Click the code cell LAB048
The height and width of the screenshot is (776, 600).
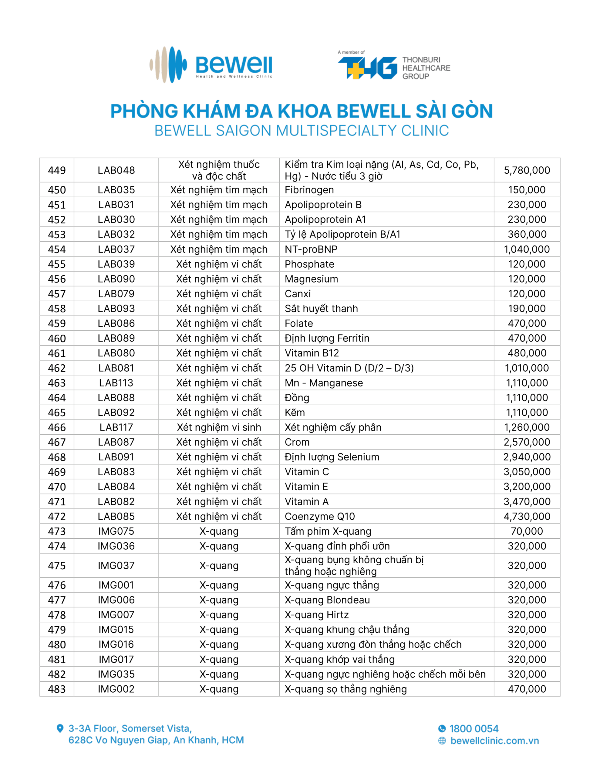(116, 170)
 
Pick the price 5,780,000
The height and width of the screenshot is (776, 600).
(526, 170)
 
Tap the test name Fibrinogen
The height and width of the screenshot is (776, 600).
(309, 190)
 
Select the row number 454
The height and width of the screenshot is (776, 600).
(57, 249)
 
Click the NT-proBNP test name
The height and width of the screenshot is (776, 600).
(311, 249)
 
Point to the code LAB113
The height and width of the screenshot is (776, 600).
(116, 383)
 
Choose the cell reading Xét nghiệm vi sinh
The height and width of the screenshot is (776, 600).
(219, 427)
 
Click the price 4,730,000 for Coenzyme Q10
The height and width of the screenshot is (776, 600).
(526, 516)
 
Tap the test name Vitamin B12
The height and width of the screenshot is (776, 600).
(312, 353)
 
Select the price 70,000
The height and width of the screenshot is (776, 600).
(526, 531)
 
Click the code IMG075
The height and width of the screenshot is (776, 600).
(116, 531)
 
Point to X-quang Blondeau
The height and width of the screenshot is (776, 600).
(327, 600)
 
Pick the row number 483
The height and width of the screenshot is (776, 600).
(57, 689)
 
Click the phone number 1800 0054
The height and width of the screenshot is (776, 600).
(474, 729)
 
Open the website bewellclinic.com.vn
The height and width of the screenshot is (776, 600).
(494, 741)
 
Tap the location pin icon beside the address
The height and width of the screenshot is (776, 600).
(60, 728)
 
